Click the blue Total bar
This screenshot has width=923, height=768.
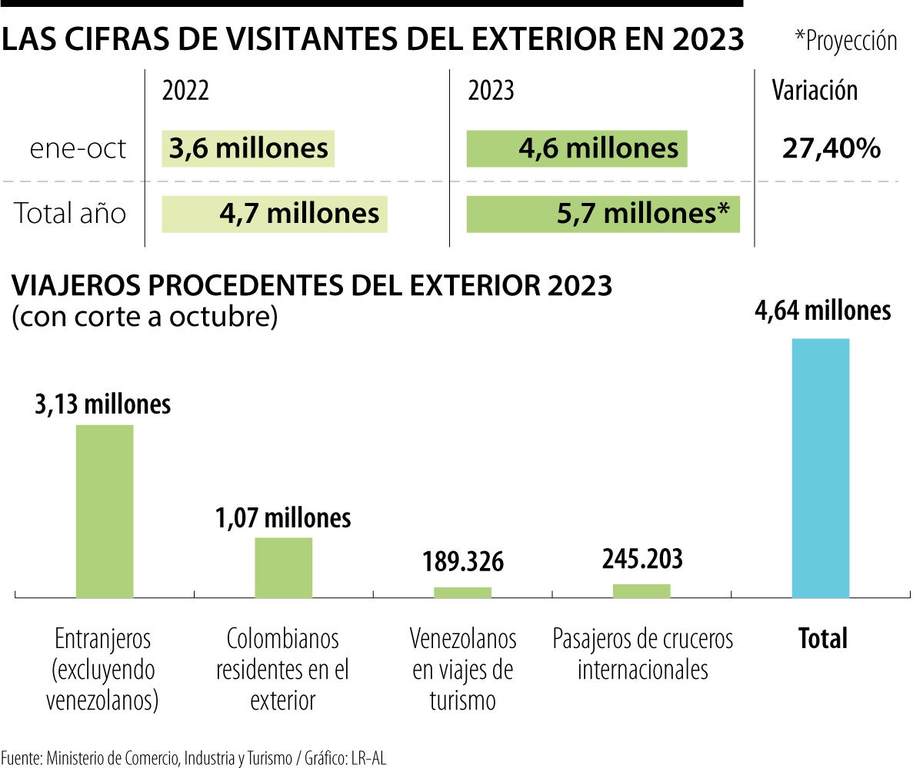click(x=820, y=467)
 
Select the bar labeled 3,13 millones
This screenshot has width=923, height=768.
click(x=104, y=510)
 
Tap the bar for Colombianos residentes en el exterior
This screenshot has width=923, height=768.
click(x=283, y=567)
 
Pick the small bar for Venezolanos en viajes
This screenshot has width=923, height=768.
click(x=462, y=592)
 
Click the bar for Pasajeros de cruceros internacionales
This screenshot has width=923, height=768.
click(x=641, y=590)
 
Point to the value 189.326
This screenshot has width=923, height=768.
click(x=462, y=562)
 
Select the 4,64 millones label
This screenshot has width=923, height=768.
click(x=824, y=311)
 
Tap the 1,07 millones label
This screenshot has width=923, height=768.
click(x=283, y=518)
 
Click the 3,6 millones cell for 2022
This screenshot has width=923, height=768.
click(x=248, y=148)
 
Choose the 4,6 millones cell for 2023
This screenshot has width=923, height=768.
click(x=577, y=148)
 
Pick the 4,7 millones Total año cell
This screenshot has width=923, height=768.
click(x=275, y=213)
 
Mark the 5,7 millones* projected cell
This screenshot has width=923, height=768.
click(x=603, y=213)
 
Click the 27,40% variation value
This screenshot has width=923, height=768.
click(x=831, y=148)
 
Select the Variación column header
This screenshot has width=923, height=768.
click(x=815, y=91)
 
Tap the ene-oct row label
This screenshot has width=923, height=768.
click(x=78, y=148)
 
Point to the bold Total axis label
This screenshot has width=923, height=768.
click(x=822, y=638)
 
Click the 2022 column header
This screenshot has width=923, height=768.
click(x=185, y=91)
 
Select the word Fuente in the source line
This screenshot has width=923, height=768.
click(x=20, y=757)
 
